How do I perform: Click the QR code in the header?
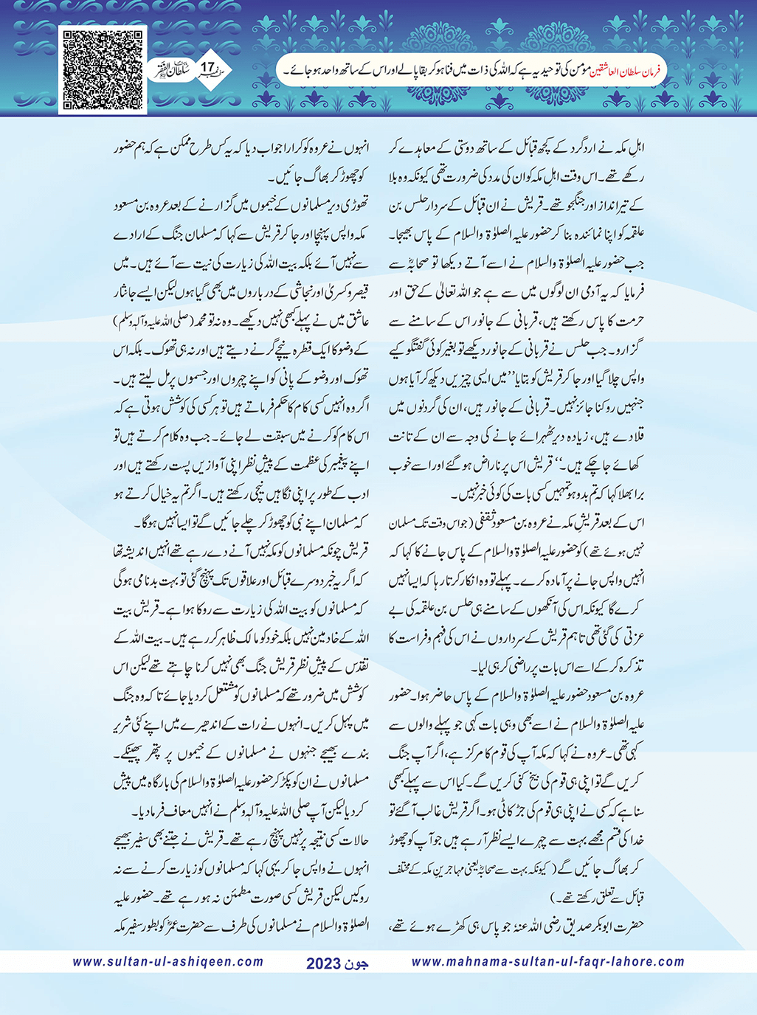(x=102, y=70)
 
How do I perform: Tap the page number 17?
(x=207, y=69)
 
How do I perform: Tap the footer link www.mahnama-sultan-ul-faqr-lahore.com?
(x=547, y=962)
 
